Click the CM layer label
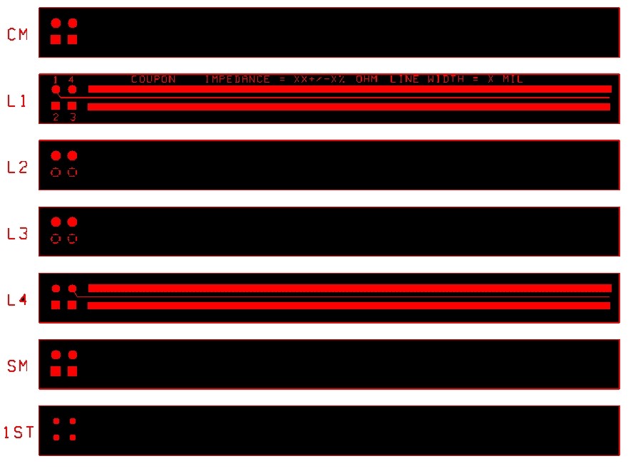click(x=18, y=34)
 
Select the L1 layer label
click(x=16, y=100)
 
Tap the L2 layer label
click(x=18, y=167)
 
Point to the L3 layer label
click(x=18, y=233)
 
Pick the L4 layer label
click(x=18, y=300)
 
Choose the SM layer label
click(x=18, y=366)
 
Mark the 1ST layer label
click(x=19, y=432)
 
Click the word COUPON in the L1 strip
click(x=153, y=79)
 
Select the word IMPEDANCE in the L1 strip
click(x=237, y=79)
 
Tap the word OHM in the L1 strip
click(x=366, y=79)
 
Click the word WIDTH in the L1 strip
click(x=446, y=79)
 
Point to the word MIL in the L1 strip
click(x=513, y=79)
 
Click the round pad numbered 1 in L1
click(x=56, y=90)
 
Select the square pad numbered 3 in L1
click(x=72, y=105)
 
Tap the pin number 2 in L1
click(x=56, y=117)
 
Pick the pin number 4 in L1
click(x=71, y=79)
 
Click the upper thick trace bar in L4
click(x=350, y=289)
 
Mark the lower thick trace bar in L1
click(x=349, y=107)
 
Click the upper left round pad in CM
click(x=56, y=24)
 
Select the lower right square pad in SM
click(x=73, y=371)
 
